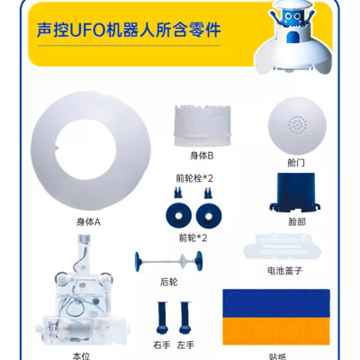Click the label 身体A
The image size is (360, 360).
[x=88, y=220]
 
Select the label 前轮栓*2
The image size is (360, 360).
[x=193, y=179]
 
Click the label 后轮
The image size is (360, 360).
[x=169, y=282]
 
